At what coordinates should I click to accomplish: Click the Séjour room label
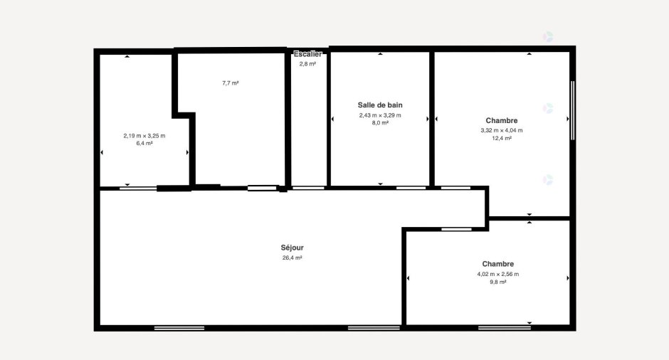[x=293, y=248]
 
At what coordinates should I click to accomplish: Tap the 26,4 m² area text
[x=293, y=258]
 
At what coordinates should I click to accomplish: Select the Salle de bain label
[x=380, y=105]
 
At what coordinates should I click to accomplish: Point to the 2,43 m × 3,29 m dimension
[x=380, y=115]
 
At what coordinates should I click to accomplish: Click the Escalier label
[x=307, y=54]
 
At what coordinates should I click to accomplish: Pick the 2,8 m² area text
[x=307, y=64]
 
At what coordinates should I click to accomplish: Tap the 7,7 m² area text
[x=231, y=83]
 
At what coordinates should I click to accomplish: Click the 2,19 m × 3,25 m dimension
[x=144, y=136]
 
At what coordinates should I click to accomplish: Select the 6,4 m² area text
[x=144, y=143]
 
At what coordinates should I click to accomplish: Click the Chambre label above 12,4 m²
[x=502, y=121]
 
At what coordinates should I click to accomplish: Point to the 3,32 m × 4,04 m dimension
[x=502, y=130]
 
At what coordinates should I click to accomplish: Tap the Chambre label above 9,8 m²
[x=498, y=264]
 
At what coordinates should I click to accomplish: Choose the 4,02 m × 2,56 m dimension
[x=498, y=274]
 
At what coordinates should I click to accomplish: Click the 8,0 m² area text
[x=380, y=123]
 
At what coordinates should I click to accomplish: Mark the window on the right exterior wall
[x=573, y=110]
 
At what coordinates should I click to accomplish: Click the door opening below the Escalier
[x=308, y=188]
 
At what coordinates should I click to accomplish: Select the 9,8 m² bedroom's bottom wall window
[x=505, y=327]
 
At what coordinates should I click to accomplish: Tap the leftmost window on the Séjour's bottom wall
[x=179, y=328]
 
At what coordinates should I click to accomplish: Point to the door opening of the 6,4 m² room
[x=138, y=188]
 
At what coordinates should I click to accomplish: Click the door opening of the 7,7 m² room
[x=263, y=188]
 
